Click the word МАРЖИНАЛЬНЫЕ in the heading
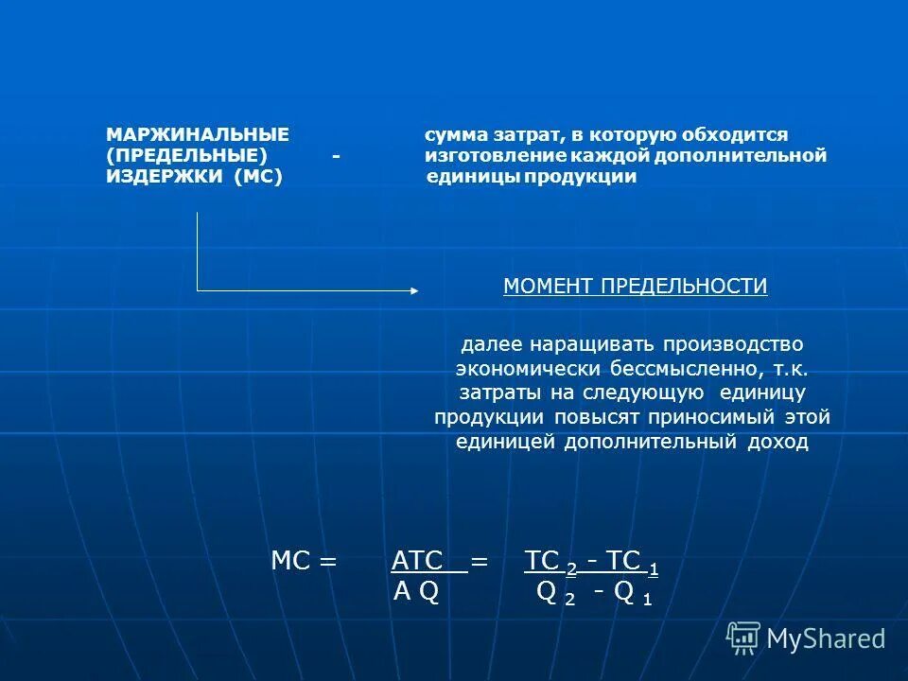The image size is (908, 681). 198,135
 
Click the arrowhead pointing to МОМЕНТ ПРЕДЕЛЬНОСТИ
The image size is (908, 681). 413,290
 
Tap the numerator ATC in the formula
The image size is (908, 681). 418,561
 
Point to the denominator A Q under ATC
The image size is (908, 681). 416,593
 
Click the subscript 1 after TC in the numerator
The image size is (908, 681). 654,568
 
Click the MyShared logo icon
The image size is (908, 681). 743,637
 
